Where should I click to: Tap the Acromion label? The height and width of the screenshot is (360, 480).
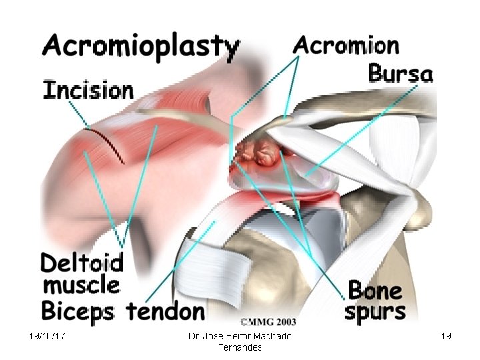(x=347, y=45)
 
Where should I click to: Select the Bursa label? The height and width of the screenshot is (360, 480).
(x=400, y=73)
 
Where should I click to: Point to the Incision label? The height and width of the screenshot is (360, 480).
(x=88, y=89)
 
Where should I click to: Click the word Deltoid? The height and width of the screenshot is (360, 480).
(x=82, y=263)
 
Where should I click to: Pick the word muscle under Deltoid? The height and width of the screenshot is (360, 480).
(x=81, y=285)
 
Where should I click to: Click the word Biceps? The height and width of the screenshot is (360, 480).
(x=77, y=310)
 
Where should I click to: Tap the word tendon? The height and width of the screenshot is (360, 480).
(x=165, y=310)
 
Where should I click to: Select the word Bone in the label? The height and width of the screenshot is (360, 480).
(x=375, y=291)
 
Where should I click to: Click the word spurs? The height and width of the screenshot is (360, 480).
(x=375, y=311)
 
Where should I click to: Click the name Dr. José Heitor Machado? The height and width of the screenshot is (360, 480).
(x=239, y=336)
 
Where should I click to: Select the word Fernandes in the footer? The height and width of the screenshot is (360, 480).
(x=239, y=347)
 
